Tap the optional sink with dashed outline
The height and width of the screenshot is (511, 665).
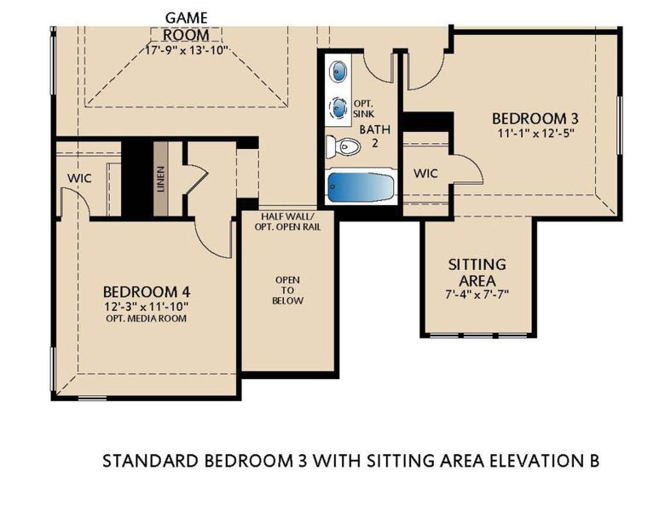[338, 108]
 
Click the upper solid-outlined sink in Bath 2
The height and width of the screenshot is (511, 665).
[338, 70]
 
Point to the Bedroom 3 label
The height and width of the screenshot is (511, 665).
[529, 118]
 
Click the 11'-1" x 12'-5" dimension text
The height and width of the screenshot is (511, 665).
[529, 134]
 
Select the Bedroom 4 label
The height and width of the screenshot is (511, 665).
[142, 290]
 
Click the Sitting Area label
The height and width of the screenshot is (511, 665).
[477, 272]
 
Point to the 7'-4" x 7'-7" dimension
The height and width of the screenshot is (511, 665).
[477, 294]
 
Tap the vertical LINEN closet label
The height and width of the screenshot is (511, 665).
[160, 179]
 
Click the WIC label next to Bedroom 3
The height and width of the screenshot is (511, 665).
[426, 173]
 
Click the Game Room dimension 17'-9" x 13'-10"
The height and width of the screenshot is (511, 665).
[185, 50]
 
